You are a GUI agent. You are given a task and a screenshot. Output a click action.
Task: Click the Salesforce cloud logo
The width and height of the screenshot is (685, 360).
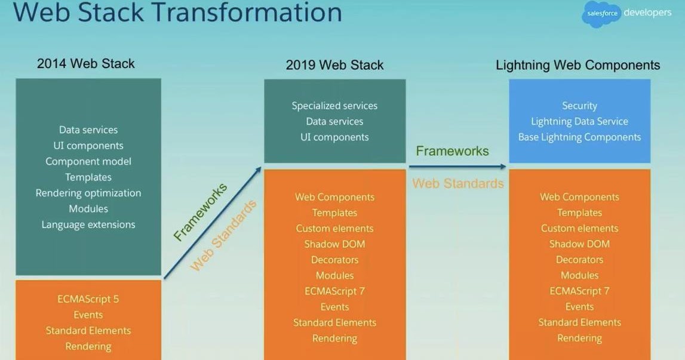tap(601, 15)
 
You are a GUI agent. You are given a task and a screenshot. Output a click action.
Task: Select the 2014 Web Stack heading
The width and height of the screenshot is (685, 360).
tap(86, 63)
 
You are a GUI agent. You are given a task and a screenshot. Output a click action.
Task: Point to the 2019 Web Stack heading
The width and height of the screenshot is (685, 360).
tap(334, 64)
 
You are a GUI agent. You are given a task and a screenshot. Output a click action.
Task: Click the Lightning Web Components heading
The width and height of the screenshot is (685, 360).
tap(578, 65)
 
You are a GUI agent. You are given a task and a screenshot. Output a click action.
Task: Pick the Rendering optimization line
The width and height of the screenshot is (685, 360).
tap(88, 193)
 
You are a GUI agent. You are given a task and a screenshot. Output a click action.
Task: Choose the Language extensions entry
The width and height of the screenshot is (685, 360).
tap(88, 224)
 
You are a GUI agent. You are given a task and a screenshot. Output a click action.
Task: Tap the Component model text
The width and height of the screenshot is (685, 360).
tap(88, 161)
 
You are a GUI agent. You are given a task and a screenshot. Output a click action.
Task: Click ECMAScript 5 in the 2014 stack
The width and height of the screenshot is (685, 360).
tap(88, 299)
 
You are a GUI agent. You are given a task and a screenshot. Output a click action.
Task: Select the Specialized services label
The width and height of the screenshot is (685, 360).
tap(334, 106)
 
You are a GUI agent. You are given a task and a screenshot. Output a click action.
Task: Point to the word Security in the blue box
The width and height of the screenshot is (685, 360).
tap(579, 106)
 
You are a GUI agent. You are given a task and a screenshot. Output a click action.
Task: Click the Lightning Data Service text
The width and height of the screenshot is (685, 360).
tap(579, 121)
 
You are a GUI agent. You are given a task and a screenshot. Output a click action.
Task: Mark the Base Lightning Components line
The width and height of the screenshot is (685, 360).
tap(579, 137)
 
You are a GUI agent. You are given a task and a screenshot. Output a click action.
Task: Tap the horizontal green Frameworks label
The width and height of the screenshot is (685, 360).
tap(452, 151)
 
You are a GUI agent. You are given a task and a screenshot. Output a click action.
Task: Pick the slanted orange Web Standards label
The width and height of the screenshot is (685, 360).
tap(223, 236)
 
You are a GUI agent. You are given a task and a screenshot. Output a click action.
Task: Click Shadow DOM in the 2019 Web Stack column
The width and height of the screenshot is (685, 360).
tap(334, 244)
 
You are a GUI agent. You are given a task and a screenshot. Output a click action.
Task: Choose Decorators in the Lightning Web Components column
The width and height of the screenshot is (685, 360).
tap(579, 260)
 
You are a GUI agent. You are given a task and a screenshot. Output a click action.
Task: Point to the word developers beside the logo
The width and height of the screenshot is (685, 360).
tap(647, 13)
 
